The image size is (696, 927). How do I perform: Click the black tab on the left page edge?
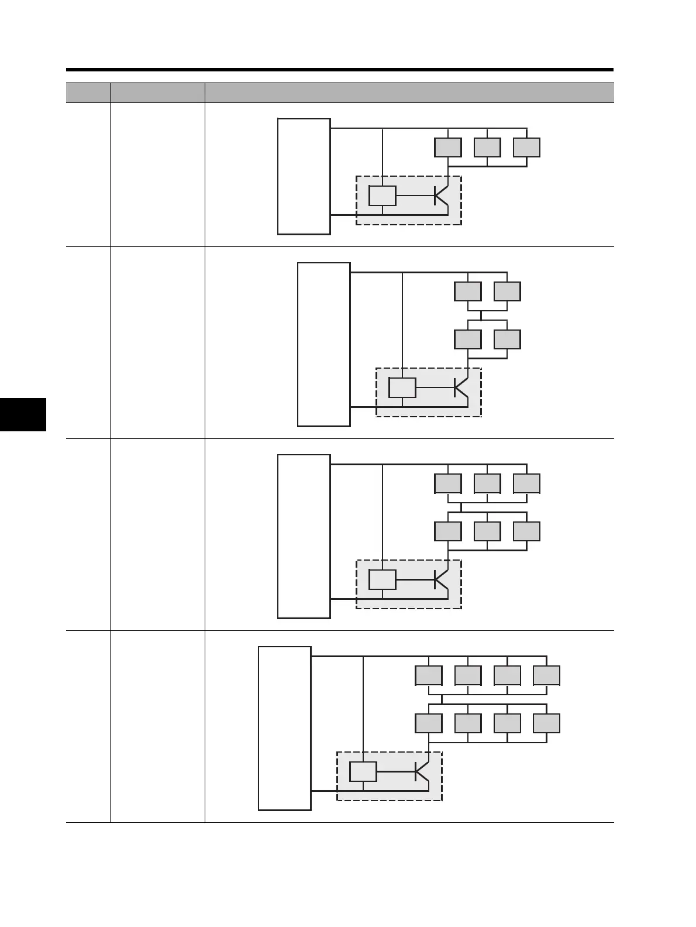23,414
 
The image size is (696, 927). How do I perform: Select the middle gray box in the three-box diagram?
487,147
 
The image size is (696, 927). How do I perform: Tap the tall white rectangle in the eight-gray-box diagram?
284,728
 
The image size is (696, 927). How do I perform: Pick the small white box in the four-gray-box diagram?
402,387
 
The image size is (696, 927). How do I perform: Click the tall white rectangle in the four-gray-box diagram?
323,345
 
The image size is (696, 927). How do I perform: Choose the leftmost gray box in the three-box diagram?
447,147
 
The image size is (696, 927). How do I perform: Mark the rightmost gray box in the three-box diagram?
526,147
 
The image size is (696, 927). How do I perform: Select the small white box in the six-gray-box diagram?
383,579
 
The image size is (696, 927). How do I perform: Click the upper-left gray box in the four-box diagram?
468,291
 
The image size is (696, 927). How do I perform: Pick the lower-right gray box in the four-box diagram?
507,339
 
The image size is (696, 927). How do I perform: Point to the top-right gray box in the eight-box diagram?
546,675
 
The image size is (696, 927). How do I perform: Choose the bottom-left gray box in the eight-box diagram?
428,723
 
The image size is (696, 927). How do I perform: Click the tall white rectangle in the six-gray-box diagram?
304,536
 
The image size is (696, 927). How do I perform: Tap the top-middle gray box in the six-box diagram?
487,483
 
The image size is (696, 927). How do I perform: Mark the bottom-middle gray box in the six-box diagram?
487,531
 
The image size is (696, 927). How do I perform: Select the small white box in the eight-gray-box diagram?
363,772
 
